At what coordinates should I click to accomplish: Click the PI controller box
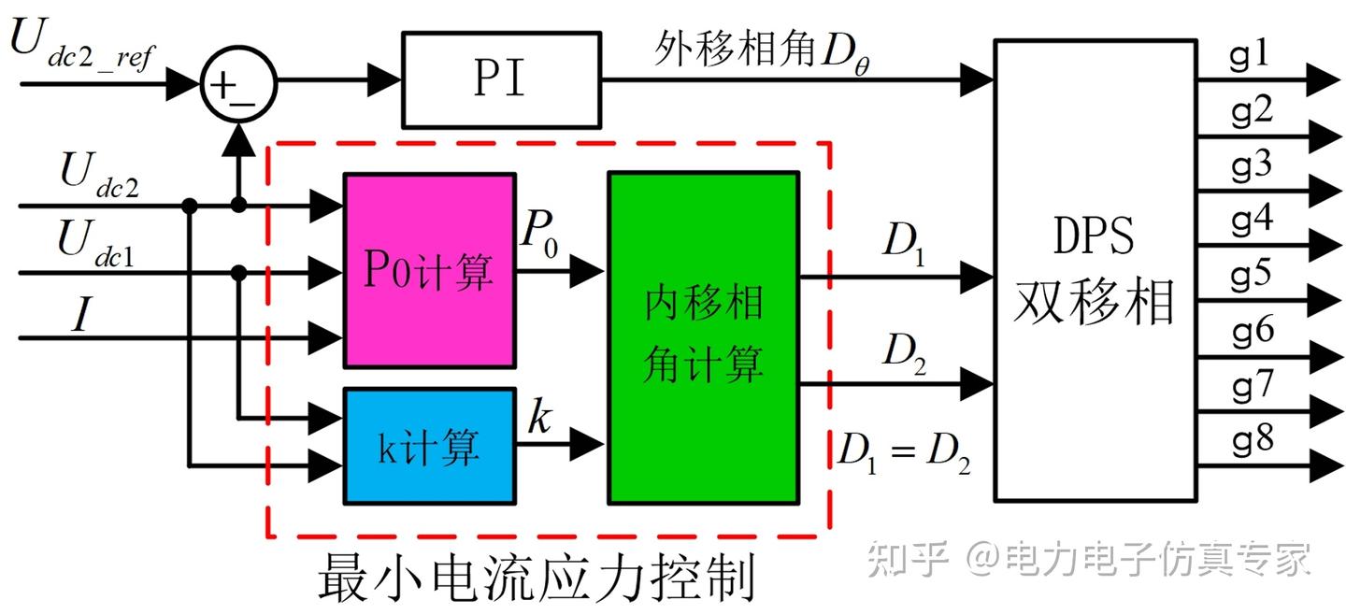click(500, 80)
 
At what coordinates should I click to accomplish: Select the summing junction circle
click(238, 85)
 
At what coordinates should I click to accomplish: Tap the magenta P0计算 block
click(429, 270)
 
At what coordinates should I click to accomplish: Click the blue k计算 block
click(429, 446)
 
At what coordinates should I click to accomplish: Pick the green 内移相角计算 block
click(703, 337)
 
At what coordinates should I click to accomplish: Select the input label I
click(82, 316)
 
